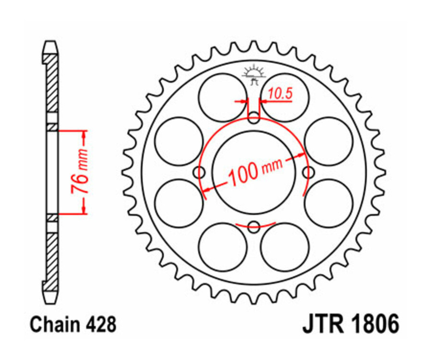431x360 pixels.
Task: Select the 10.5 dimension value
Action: pyautogui.click(x=280, y=94)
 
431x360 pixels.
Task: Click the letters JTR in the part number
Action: pyautogui.click(x=322, y=325)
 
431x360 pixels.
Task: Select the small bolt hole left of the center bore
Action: pyautogui.click(x=199, y=172)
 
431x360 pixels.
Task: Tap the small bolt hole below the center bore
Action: pyautogui.click(x=254, y=226)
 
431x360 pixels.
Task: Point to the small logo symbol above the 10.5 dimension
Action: pyautogui.click(x=254, y=75)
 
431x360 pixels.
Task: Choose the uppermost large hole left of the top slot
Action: pyautogui.click(x=223, y=97)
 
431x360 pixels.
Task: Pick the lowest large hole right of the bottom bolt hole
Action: pyautogui.click(x=285, y=247)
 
